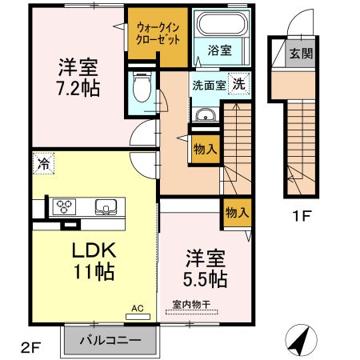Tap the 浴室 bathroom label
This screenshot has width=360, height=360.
click(220, 50)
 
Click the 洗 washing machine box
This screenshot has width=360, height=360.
click(239, 84)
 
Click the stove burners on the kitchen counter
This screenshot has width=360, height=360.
click(64, 206)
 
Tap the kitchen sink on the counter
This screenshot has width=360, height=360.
click(106, 207)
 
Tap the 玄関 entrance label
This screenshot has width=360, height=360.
click(301, 55)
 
